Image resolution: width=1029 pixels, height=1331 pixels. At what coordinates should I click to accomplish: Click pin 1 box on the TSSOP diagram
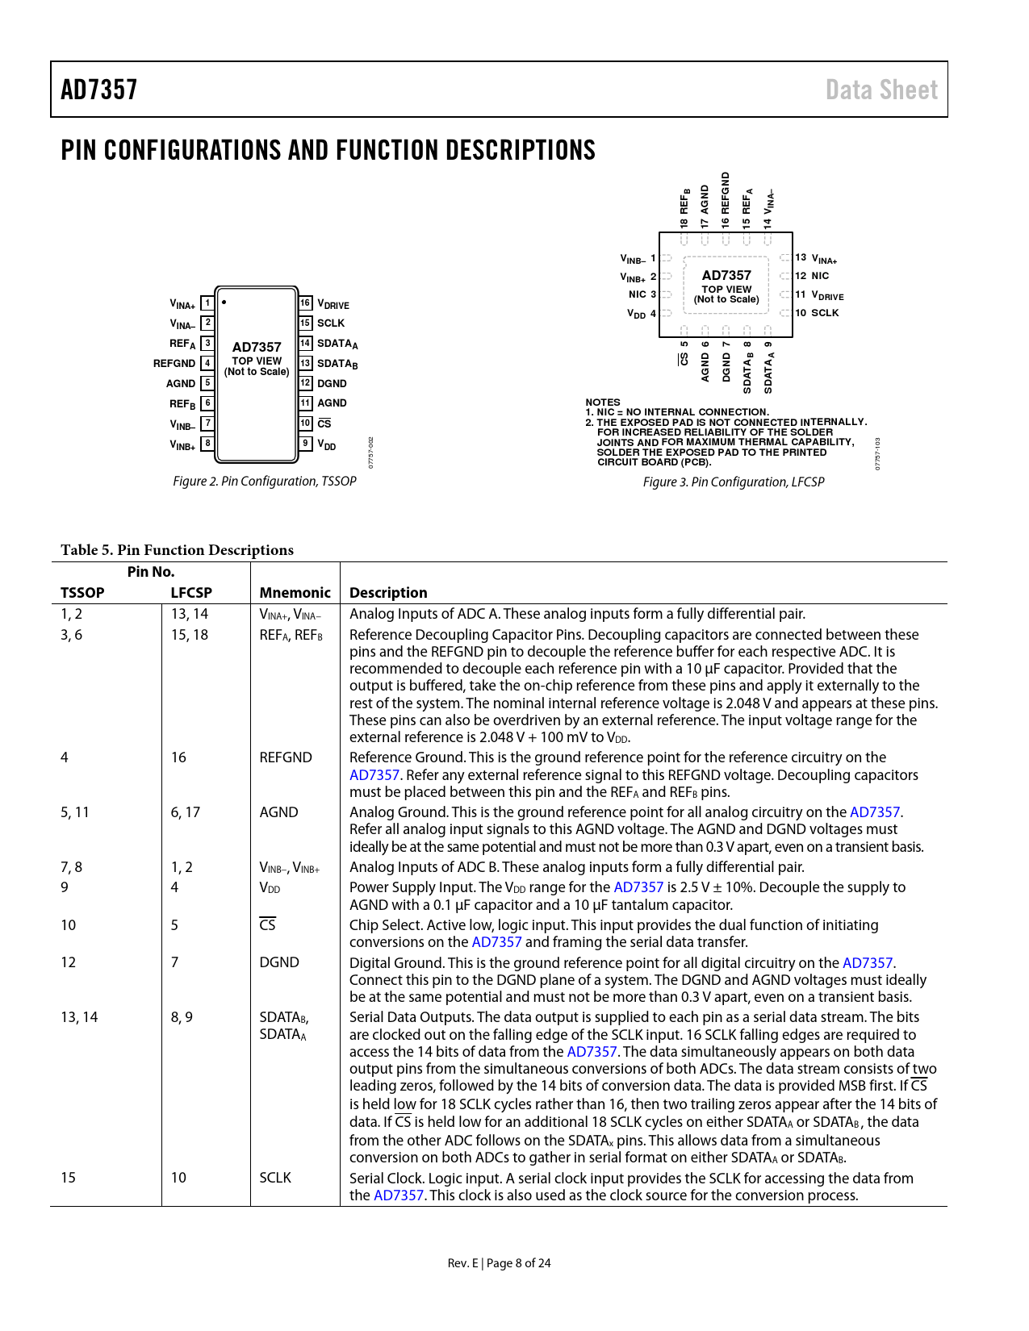(x=207, y=303)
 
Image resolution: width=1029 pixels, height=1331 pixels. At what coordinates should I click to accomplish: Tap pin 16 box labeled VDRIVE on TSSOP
(x=305, y=303)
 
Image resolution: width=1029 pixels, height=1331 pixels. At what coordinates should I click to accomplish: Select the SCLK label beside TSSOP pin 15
(x=331, y=323)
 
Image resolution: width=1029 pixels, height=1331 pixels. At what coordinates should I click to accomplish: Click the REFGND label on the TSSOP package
(x=174, y=364)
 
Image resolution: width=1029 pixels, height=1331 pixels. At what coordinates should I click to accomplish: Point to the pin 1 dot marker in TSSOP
(x=224, y=302)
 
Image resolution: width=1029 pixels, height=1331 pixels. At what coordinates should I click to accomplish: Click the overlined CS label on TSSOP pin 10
(x=324, y=423)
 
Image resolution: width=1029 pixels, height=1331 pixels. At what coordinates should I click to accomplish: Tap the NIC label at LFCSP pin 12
(x=820, y=276)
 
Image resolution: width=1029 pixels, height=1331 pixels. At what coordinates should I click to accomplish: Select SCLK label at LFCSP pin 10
(x=825, y=313)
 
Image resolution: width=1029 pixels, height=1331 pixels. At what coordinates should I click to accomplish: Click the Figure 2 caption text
(x=264, y=482)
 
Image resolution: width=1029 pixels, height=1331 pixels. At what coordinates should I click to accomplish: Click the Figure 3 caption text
(x=733, y=482)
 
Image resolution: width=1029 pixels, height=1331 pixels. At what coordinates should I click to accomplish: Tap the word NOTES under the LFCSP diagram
(x=603, y=402)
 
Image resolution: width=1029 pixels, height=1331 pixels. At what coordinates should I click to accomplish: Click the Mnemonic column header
(x=295, y=593)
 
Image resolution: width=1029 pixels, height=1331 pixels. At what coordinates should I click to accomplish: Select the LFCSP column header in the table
(x=191, y=593)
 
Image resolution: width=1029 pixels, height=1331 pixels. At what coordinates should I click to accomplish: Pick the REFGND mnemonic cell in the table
(x=286, y=757)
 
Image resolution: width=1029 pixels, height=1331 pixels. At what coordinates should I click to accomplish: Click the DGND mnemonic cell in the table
(x=279, y=962)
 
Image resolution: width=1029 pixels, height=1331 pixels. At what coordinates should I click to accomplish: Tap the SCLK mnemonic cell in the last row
(x=275, y=1178)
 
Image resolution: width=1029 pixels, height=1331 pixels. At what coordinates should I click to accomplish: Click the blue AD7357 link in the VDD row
(x=638, y=887)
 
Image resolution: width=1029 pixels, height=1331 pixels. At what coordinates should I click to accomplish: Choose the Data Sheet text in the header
(x=881, y=90)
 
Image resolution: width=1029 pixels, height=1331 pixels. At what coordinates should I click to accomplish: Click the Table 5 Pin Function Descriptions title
(x=177, y=550)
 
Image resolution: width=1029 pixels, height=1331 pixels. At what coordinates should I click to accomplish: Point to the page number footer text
(x=499, y=1263)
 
